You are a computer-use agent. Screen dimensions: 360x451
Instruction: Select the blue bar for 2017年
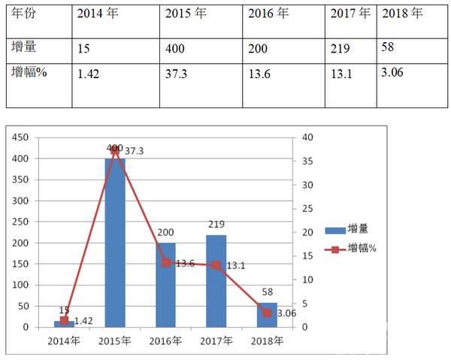[216, 281]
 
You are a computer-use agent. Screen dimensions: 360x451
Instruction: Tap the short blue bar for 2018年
[267, 315]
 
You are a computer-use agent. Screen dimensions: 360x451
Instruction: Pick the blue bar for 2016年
[165, 285]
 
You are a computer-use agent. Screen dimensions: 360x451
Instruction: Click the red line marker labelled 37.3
[115, 150]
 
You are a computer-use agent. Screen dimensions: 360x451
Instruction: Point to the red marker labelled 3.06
[267, 313]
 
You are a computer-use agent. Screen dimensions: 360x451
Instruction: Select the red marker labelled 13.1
[216, 265]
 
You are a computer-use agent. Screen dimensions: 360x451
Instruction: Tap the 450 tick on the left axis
[20, 138]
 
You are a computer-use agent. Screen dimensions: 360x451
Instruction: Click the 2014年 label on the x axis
[65, 340]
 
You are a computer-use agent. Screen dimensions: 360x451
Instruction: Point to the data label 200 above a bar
[165, 233]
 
